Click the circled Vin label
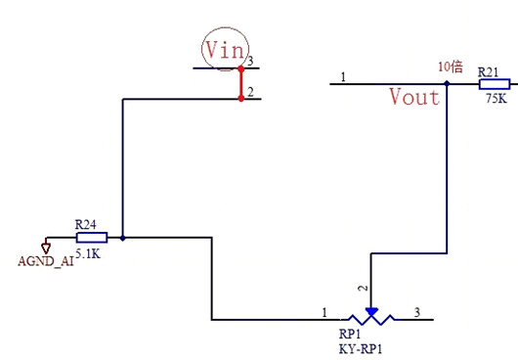click(x=225, y=50)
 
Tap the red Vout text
click(x=414, y=97)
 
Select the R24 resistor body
click(x=92, y=238)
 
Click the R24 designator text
click(x=86, y=225)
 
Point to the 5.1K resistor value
click(x=88, y=254)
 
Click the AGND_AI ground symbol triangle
click(x=46, y=247)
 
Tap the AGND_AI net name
click(x=46, y=261)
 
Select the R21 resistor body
click(x=495, y=84)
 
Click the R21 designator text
click(x=489, y=72)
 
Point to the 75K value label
click(x=496, y=98)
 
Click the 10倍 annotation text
click(x=451, y=67)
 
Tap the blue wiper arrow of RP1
click(x=371, y=312)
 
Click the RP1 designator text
click(x=350, y=335)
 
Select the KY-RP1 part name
click(x=361, y=349)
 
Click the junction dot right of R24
click(x=123, y=238)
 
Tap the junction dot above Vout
click(x=447, y=84)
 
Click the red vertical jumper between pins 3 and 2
click(x=241, y=83)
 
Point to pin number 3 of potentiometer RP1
click(x=417, y=312)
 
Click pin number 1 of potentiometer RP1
click(x=324, y=312)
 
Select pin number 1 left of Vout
click(x=343, y=77)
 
